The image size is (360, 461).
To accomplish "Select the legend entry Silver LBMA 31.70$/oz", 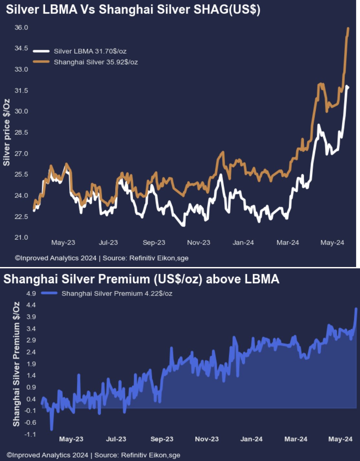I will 90,51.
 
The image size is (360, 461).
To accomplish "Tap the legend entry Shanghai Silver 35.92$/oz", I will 96,62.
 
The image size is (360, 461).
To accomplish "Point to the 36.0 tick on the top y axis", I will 21,27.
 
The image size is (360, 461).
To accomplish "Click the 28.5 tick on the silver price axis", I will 21,132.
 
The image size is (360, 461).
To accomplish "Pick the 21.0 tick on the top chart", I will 21,237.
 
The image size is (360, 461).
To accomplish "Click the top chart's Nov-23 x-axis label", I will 199,242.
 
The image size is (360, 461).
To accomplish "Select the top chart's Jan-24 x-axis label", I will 243,242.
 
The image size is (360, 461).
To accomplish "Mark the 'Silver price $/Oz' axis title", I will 6,132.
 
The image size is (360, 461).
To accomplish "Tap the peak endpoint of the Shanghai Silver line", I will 348,28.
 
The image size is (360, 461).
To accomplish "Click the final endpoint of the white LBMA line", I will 347,87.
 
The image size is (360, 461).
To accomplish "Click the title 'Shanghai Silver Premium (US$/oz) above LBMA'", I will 141,279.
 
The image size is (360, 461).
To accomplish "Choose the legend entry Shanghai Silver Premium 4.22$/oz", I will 117,294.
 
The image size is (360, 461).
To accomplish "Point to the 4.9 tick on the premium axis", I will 31,294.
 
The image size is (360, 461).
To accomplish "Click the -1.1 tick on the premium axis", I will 30,434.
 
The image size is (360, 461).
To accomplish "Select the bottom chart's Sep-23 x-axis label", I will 162,439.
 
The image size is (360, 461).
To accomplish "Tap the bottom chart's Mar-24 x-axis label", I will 296,439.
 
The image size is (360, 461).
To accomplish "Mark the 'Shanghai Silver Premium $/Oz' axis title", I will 16,364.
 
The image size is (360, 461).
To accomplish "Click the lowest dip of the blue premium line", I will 51,430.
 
